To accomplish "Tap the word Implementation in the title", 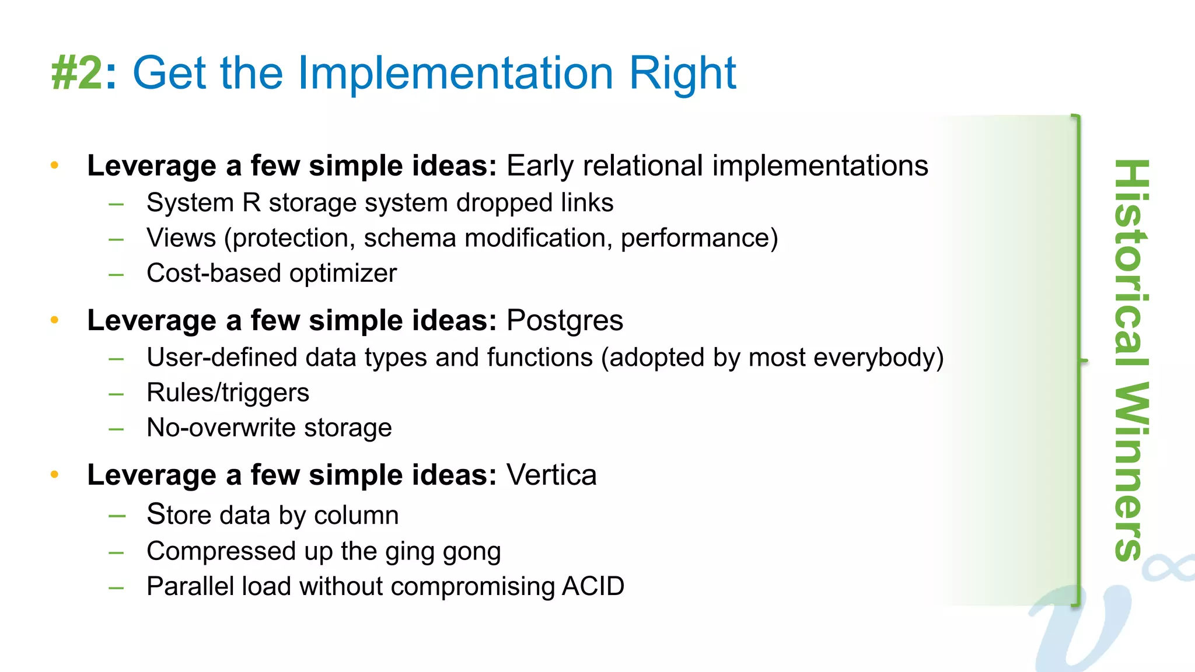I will [455, 73].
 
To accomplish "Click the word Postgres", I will [564, 320].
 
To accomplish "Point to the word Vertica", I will [551, 475].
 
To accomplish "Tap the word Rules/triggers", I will [228, 393].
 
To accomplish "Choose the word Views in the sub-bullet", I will [181, 238].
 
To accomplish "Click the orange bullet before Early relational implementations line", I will [55, 166].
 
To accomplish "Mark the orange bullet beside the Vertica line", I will [55, 475].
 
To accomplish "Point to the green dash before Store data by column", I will [117, 516].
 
